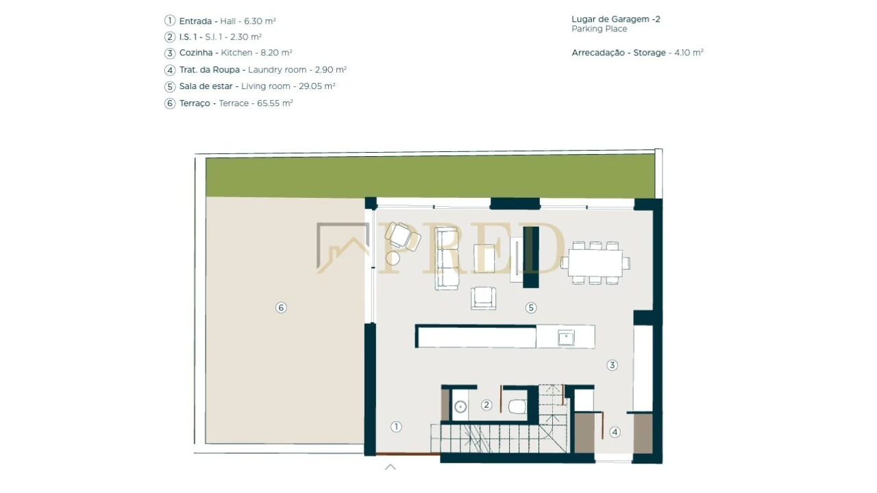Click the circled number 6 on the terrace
click(281, 307)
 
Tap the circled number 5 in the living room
click(531, 307)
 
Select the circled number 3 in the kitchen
click(613, 365)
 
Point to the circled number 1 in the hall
click(396, 427)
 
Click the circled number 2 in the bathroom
click(486, 405)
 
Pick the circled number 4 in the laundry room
click(615, 432)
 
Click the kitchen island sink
click(566, 338)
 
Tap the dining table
click(595, 263)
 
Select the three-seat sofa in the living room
click(447, 259)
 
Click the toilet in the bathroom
click(517, 407)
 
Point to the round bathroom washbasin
click(460, 407)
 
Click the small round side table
click(393, 258)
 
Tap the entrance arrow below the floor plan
click(391, 467)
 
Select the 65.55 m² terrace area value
click(275, 103)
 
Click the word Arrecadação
click(598, 53)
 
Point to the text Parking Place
click(599, 29)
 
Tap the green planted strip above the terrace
click(430, 176)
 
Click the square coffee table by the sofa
click(484, 259)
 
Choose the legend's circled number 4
click(169, 70)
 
